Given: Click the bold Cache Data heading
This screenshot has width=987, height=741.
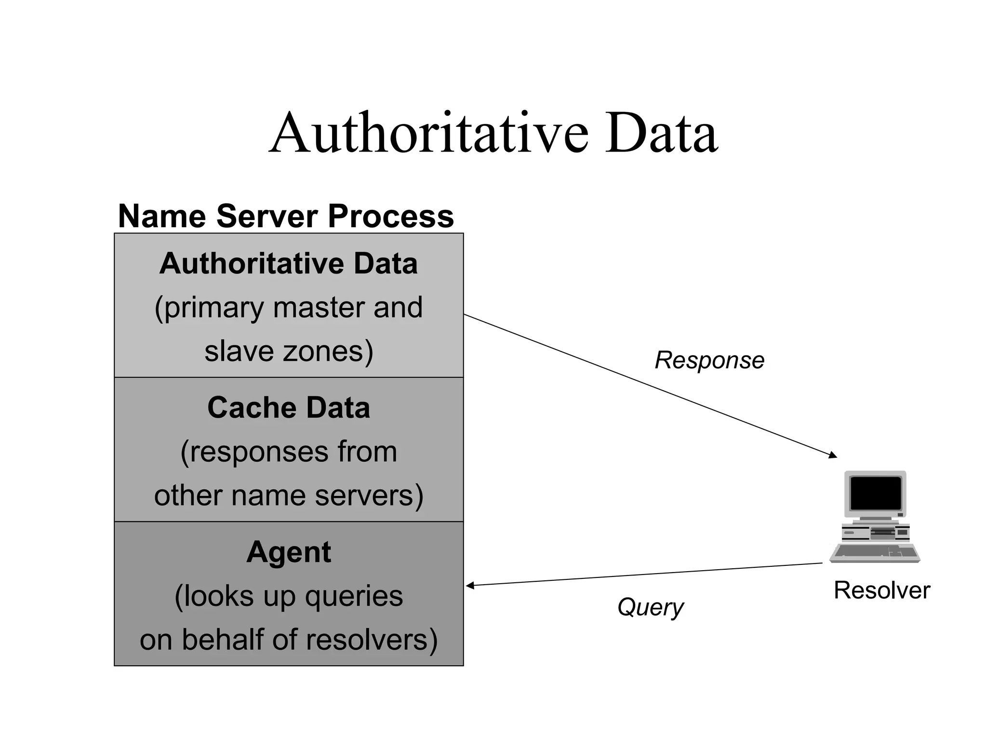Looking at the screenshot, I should pos(289,408).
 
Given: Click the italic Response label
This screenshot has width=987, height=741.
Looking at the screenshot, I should pos(709,360).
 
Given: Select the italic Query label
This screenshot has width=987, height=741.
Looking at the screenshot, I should pos(650,607).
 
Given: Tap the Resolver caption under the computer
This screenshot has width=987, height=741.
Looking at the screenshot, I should pos(881,590).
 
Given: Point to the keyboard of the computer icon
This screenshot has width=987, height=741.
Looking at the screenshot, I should pos(875,553).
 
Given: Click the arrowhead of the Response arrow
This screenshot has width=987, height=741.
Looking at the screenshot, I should pos(833,455).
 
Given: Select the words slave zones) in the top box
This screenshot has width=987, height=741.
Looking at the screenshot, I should pos(289,351).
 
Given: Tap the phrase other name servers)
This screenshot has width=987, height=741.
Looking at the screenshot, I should pos(289,495).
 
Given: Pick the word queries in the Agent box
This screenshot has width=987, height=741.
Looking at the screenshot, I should pos(354,596).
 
